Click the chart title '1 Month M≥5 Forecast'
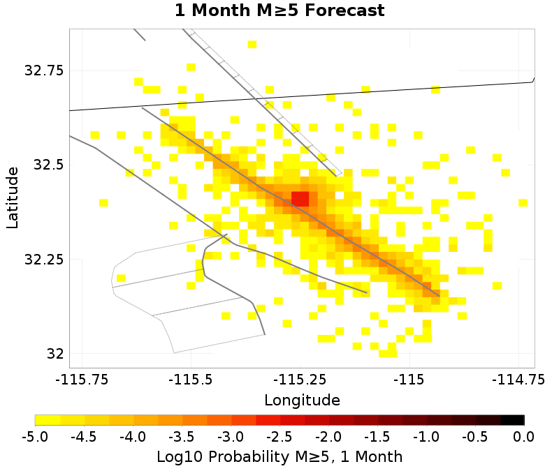[279, 11]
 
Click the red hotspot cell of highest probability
[300, 198]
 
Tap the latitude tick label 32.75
[44, 71]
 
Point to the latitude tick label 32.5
[48, 165]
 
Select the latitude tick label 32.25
[44, 260]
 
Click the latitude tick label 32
[56, 354]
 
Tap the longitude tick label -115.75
[82, 380]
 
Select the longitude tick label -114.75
[518, 380]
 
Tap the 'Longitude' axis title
[302, 401]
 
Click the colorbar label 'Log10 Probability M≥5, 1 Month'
[279, 457]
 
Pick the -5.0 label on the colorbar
[35, 438]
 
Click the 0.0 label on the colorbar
[524, 438]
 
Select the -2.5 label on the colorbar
[279, 438]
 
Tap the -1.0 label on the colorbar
[426, 438]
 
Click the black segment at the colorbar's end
[512, 420]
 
